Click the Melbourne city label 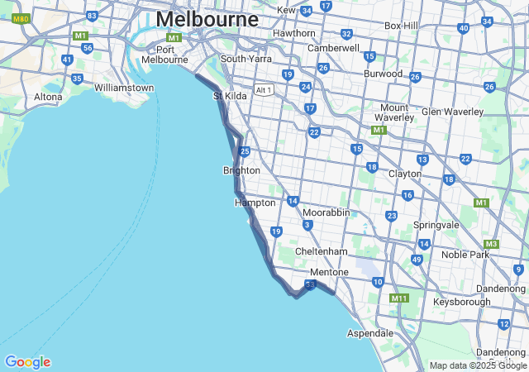[207, 18]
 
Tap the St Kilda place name [231, 96]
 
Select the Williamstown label [124, 88]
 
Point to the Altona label [48, 97]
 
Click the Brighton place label [241, 170]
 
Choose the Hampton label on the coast [255, 203]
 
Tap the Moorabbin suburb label [326, 212]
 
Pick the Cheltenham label [322, 251]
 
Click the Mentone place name [329, 272]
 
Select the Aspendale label [369, 333]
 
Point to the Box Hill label [402, 26]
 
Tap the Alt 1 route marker [264, 89]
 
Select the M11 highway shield [399, 298]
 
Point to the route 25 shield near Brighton [245, 151]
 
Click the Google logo [27, 362]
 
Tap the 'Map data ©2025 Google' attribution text [478, 365]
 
